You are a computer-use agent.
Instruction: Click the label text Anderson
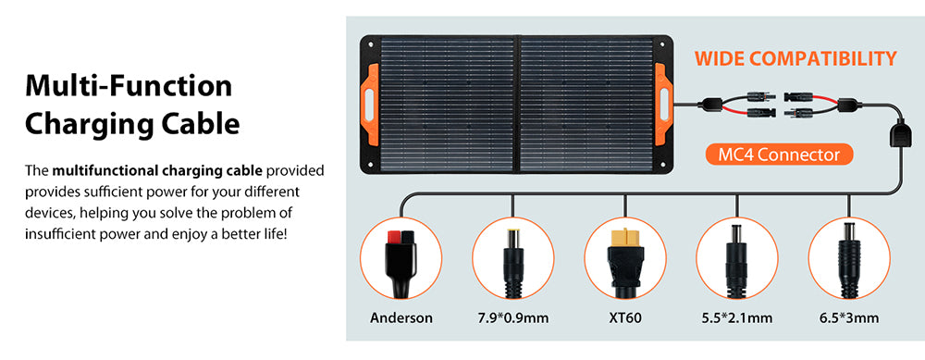pyautogui.click(x=401, y=318)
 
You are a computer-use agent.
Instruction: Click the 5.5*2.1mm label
pyautogui.click(x=737, y=318)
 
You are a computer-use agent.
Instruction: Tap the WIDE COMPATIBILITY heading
pyautogui.click(x=795, y=59)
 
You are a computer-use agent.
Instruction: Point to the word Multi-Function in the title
pyautogui.click(x=129, y=86)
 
